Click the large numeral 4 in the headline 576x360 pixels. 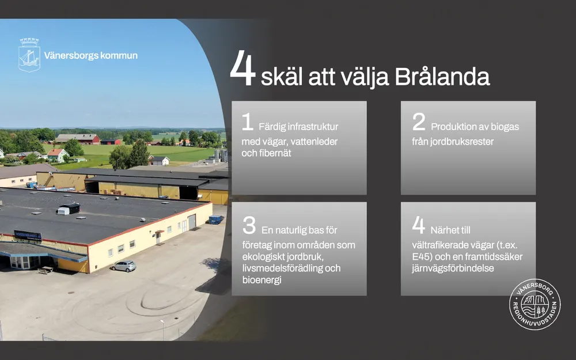[242, 69]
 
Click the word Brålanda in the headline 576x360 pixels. [442, 77]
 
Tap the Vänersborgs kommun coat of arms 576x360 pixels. [29, 55]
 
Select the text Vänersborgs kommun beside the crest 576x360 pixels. [91, 55]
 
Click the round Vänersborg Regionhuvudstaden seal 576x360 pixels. [535, 304]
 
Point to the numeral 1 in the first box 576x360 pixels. [248, 122]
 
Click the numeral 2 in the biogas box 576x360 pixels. [419, 122]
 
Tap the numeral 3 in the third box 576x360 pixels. [249, 225]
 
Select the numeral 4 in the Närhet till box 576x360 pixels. [418, 225]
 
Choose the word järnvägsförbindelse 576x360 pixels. [453, 268]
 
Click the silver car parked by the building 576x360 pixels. [123, 266]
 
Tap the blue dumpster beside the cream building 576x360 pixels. [216, 219]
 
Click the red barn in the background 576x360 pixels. [78, 139]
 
